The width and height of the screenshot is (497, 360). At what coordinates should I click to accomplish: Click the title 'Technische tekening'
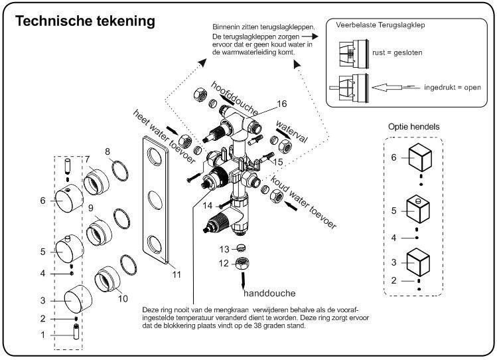pos(85,22)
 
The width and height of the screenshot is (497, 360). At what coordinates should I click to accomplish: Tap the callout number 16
pos(282,104)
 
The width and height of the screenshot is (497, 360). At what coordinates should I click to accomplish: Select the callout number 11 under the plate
pos(175,274)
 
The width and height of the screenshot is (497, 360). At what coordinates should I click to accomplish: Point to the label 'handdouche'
pos(269,293)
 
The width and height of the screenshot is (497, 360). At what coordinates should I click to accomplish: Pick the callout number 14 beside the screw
pos(208,207)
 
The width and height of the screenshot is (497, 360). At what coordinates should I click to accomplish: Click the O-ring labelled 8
pos(119,170)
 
